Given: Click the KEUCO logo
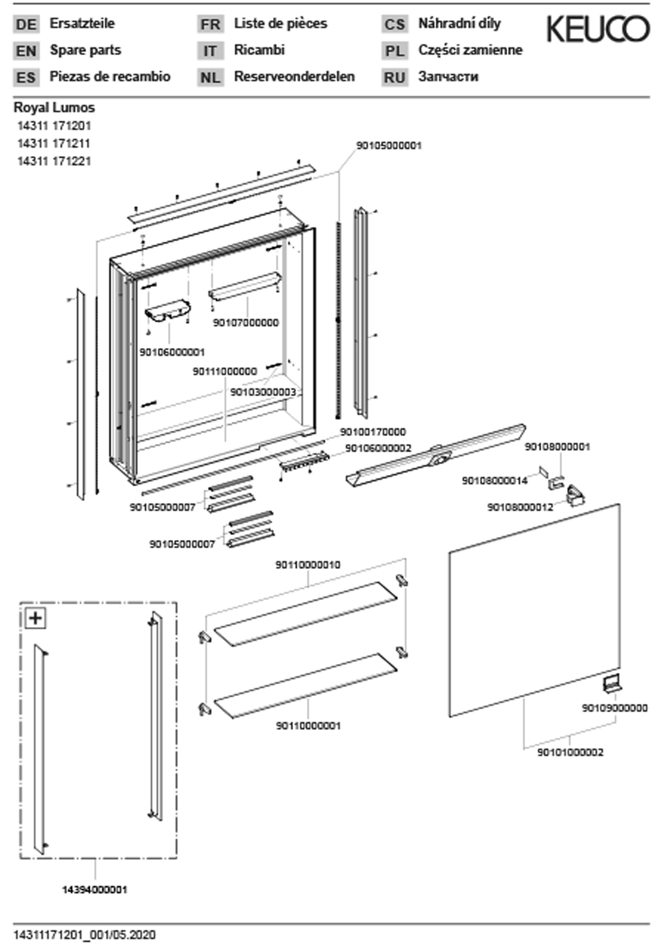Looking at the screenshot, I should [598, 29].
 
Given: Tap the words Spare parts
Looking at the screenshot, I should [85, 50].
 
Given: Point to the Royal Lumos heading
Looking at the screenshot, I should [54, 108].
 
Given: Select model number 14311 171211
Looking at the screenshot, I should [54, 144].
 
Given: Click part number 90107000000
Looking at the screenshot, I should [246, 323].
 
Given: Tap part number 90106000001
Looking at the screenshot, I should [172, 352].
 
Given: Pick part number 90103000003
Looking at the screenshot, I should [263, 392].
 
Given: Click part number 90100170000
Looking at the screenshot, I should [372, 432].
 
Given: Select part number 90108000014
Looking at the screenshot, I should [494, 481].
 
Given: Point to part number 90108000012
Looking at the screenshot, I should [520, 507].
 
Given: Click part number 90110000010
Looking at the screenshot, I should [308, 565].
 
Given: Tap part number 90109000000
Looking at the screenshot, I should [614, 708].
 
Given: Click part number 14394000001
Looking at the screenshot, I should [95, 890].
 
